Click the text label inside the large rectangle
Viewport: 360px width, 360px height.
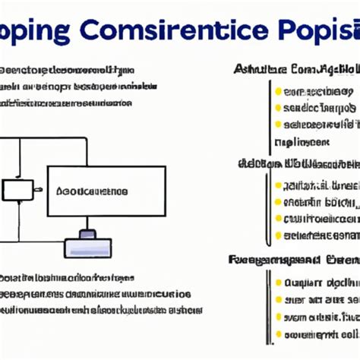[x=93, y=192]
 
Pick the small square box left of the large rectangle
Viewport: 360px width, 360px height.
[x=17, y=190]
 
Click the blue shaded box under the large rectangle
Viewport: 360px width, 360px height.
[x=87, y=248]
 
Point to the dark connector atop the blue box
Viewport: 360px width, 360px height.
[x=88, y=233]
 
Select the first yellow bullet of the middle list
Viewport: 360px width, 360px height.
[x=279, y=185]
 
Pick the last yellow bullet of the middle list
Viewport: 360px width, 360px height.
[x=279, y=235]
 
